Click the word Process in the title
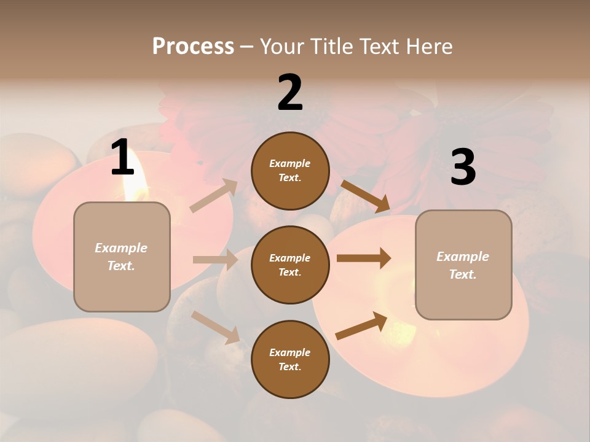(x=193, y=46)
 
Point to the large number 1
(x=122, y=158)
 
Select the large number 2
(x=290, y=93)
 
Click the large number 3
(x=463, y=168)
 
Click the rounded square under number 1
(x=122, y=257)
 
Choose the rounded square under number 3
(x=463, y=265)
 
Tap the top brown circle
(x=290, y=171)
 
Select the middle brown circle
(x=290, y=265)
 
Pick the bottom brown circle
(x=290, y=359)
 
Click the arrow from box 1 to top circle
(x=214, y=196)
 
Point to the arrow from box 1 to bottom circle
(x=215, y=327)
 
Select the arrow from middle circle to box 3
(x=364, y=258)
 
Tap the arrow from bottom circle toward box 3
(x=361, y=325)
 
